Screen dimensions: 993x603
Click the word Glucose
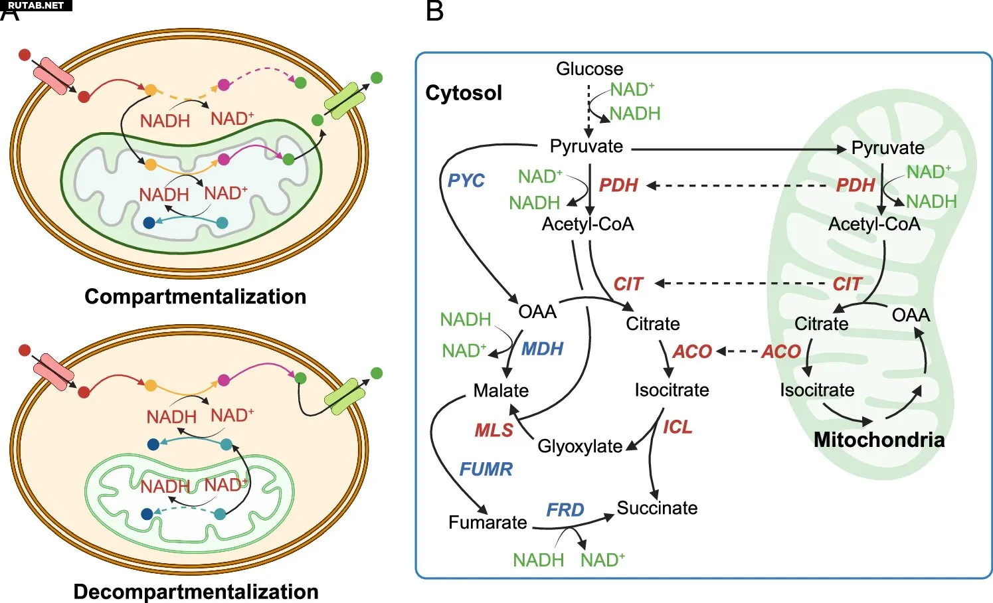pyautogui.click(x=590, y=68)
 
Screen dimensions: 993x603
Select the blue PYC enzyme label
pyautogui.click(x=466, y=181)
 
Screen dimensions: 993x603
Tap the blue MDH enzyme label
pyautogui.click(x=542, y=349)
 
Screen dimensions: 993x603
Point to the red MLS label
pyautogui.click(x=494, y=430)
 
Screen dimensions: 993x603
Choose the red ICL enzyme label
pyautogui.click(x=677, y=427)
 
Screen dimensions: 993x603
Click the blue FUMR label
pyautogui.click(x=486, y=469)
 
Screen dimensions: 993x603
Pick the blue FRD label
pyautogui.click(x=565, y=510)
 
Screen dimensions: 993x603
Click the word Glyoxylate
pyautogui.click(x=580, y=446)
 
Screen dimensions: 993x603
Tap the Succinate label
pyautogui.click(x=657, y=508)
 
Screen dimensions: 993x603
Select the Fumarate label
pyautogui.click(x=488, y=522)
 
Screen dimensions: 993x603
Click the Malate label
pyautogui.click(x=501, y=390)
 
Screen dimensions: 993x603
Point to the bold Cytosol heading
pyautogui.click(x=464, y=93)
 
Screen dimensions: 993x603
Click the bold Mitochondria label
pyautogui.click(x=879, y=440)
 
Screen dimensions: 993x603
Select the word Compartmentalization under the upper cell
pyautogui.click(x=195, y=297)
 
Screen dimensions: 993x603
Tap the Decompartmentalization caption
pyautogui.click(x=196, y=592)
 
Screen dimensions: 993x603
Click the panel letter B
pyautogui.click(x=434, y=11)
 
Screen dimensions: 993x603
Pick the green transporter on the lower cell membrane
pyautogui.click(x=347, y=397)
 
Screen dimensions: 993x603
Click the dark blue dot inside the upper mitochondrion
pyautogui.click(x=149, y=222)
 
